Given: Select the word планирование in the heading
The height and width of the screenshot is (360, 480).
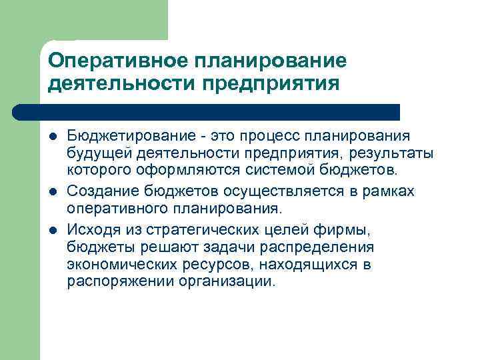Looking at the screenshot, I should click(270, 61).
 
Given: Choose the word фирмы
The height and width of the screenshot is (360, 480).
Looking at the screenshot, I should click(353, 231).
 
